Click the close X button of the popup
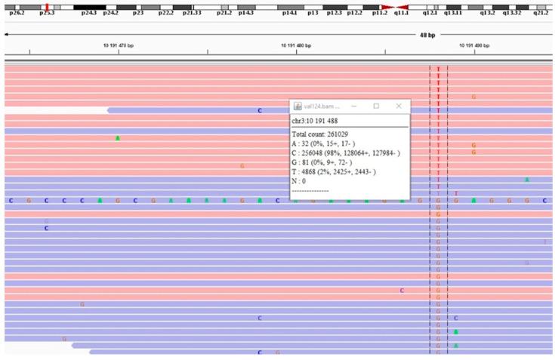[x=399, y=106]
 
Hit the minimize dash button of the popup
[x=353, y=106]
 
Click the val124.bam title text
[x=317, y=106]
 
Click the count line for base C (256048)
[x=346, y=153]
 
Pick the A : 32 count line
[x=329, y=143]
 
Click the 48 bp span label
[x=427, y=35]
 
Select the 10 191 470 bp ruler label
[x=119, y=45]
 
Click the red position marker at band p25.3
[x=46, y=7]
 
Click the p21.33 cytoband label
[x=193, y=14]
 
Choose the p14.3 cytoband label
[x=246, y=14]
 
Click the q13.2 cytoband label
[x=488, y=14]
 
